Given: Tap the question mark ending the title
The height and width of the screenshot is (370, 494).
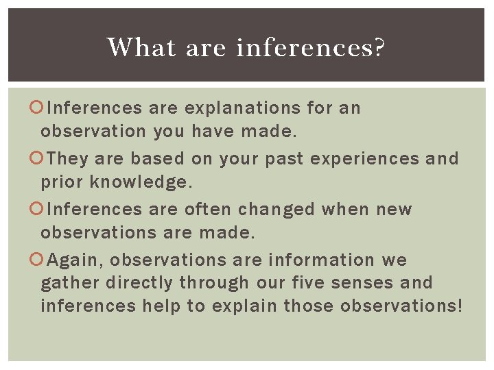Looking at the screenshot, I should pos(379,47).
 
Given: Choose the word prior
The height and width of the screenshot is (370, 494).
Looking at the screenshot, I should pos(62,182).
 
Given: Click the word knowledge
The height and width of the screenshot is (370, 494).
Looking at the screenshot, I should pos(141,182).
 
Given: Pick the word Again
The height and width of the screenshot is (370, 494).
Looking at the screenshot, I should pos(75,260).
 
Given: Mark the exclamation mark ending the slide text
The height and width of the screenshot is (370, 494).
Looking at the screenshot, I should pos(459,306).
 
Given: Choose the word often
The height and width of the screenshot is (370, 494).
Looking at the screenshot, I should pos(205,209).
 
